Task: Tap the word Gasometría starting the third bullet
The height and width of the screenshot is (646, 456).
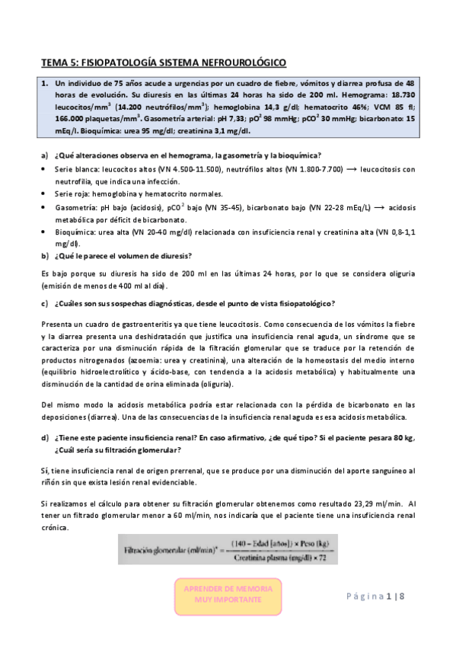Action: click(73, 207)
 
